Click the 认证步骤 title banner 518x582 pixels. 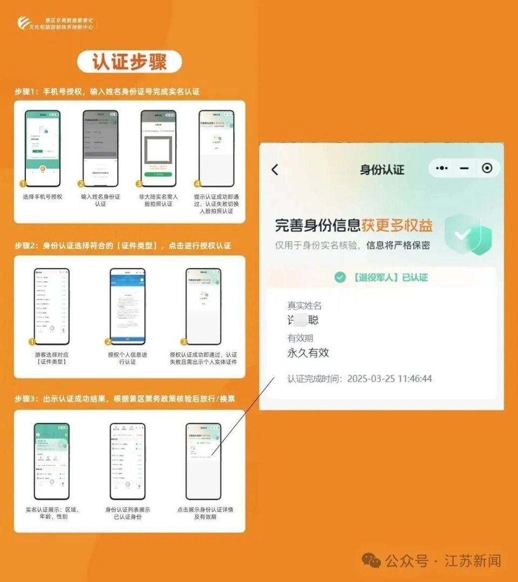pyautogui.click(x=129, y=62)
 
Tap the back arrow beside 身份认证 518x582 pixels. pyautogui.click(x=275, y=170)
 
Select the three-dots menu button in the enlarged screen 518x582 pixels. pyautogui.click(x=442, y=168)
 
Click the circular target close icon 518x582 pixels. pyautogui.click(x=487, y=168)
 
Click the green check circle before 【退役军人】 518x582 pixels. pyautogui.click(x=339, y=277)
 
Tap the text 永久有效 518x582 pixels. pyautogui.click(x=308, y=353)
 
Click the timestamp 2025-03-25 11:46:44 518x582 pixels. pyautogui.click(x=389, y=379)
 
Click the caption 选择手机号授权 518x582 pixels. pyautogui.click(x=43, y=197)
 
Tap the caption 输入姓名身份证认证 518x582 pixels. pyautogui.click(x=100, y=200)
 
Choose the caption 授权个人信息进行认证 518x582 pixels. pyautogui.click(x=127, y=358)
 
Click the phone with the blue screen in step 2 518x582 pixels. pyautogui.click(x=127, y=306)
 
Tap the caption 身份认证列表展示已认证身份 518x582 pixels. pyautogui.click(x=127, y=513)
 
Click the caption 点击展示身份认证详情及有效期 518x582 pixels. pyautogui.click(x=205, y=513)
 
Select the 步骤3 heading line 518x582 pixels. pyautogui.click(x=125, y=399)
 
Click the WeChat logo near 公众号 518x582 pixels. pyautogui.click(x=371, y=560)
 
